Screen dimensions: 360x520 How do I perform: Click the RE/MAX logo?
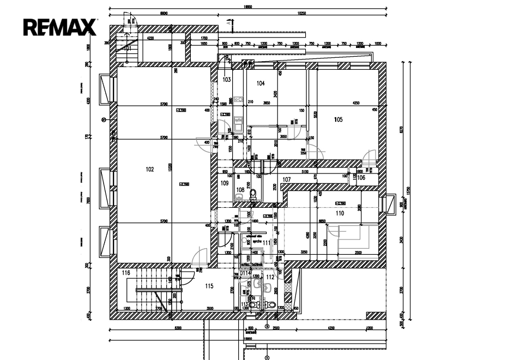[x=59, y=27]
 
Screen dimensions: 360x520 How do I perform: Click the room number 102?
[x=150, y=169]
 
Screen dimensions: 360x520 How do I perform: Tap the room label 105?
[x=338, y=119]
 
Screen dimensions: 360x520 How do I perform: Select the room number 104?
[x=261, y=83]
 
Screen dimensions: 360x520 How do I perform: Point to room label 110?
[x=340, y=213]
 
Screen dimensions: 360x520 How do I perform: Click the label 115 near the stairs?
[x=209, y=286]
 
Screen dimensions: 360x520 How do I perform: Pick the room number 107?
[x=287, y=179]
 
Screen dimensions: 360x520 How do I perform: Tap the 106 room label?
[x=361, y=177]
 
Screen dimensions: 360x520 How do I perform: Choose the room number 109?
[x=225, y=183]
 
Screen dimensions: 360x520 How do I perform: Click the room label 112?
[x=270, y=277]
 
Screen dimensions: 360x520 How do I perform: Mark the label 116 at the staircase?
[x=126, y=273]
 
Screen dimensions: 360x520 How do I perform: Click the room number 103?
[x=227, y=80]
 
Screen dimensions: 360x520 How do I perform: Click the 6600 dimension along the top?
[x=163, y=13]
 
